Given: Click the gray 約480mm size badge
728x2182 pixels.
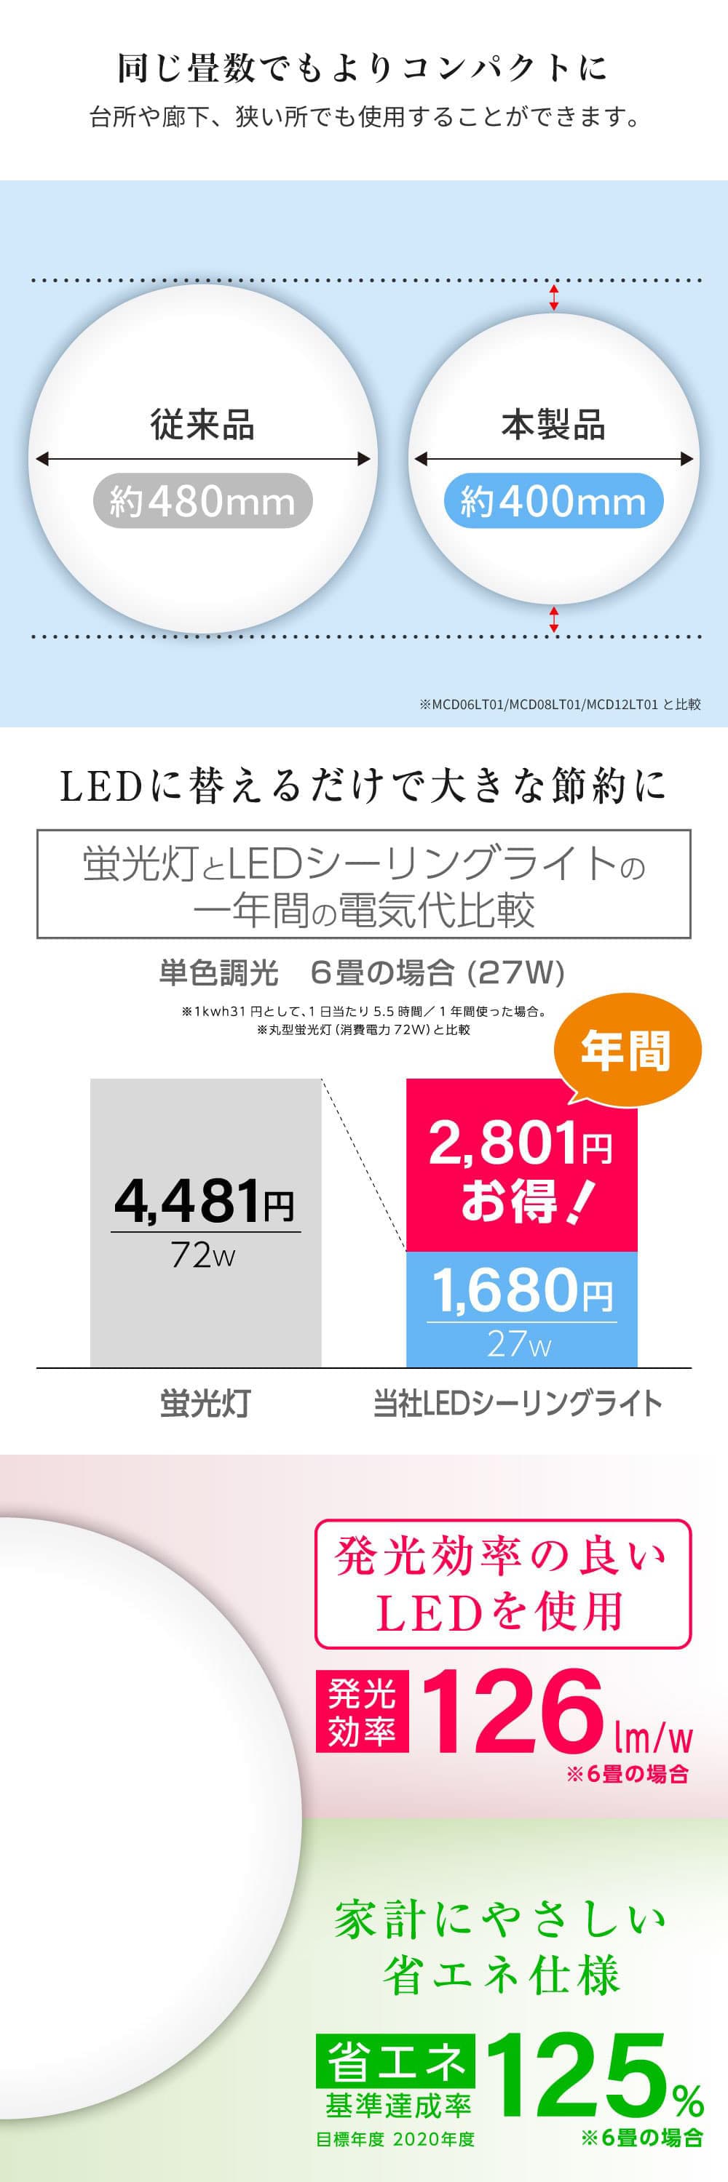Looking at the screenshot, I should (202, 500).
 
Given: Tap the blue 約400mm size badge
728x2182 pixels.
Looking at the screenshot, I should (553, 500).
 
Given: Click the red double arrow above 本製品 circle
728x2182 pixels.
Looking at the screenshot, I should (554, 297).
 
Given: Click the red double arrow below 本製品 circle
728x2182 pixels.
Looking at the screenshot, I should (554, 619).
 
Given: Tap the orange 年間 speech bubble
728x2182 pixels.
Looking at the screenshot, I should (626, 1051).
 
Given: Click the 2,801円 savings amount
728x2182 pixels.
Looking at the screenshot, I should (521, 1143).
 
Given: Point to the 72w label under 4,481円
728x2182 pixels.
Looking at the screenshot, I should (203, 1255).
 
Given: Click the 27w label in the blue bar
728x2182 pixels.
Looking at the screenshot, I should (520, 1344).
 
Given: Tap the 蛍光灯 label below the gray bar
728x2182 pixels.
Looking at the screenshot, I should (205, 1404).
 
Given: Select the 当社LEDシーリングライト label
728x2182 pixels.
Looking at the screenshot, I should (518, 1404).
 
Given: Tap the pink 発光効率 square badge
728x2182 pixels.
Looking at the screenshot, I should (362, 1710).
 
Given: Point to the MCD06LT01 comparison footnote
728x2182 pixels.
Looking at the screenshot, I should (559, 704).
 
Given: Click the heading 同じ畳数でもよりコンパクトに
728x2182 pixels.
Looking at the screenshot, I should (363, 68).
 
